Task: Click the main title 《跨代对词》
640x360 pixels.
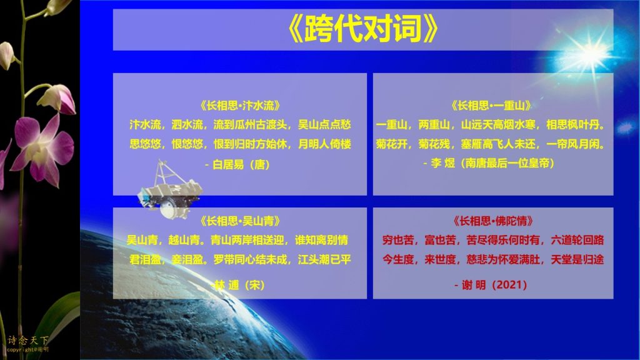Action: tap(363, 29)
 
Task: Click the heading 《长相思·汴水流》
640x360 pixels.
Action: tap(240, 106)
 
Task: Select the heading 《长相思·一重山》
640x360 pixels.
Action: tap(491, 106)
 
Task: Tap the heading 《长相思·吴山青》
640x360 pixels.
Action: tap(240, 221)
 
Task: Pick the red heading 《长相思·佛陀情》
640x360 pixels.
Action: tap(492, 221)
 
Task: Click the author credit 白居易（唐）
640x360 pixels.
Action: tap(241, 164)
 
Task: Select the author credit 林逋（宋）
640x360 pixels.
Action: tap(240, 285)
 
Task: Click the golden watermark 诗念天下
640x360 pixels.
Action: tap(27, 340)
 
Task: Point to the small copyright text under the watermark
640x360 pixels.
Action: tap(27, 349)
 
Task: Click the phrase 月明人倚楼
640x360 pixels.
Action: tap(324, 144)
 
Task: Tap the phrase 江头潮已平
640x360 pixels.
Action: tap(324, 259)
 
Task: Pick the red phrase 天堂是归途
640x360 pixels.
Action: tap(577, 259)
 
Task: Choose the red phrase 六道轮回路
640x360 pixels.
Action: tap(577, 240)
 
